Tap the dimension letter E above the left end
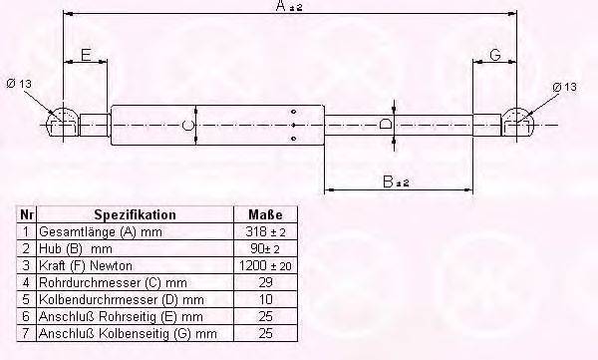point(86,55)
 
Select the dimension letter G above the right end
point(495,55)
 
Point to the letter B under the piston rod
point(388,181)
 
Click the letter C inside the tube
point(187,126)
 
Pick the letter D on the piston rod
point(386,125)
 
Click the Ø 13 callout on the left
point(19,83)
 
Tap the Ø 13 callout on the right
point(564,87)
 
